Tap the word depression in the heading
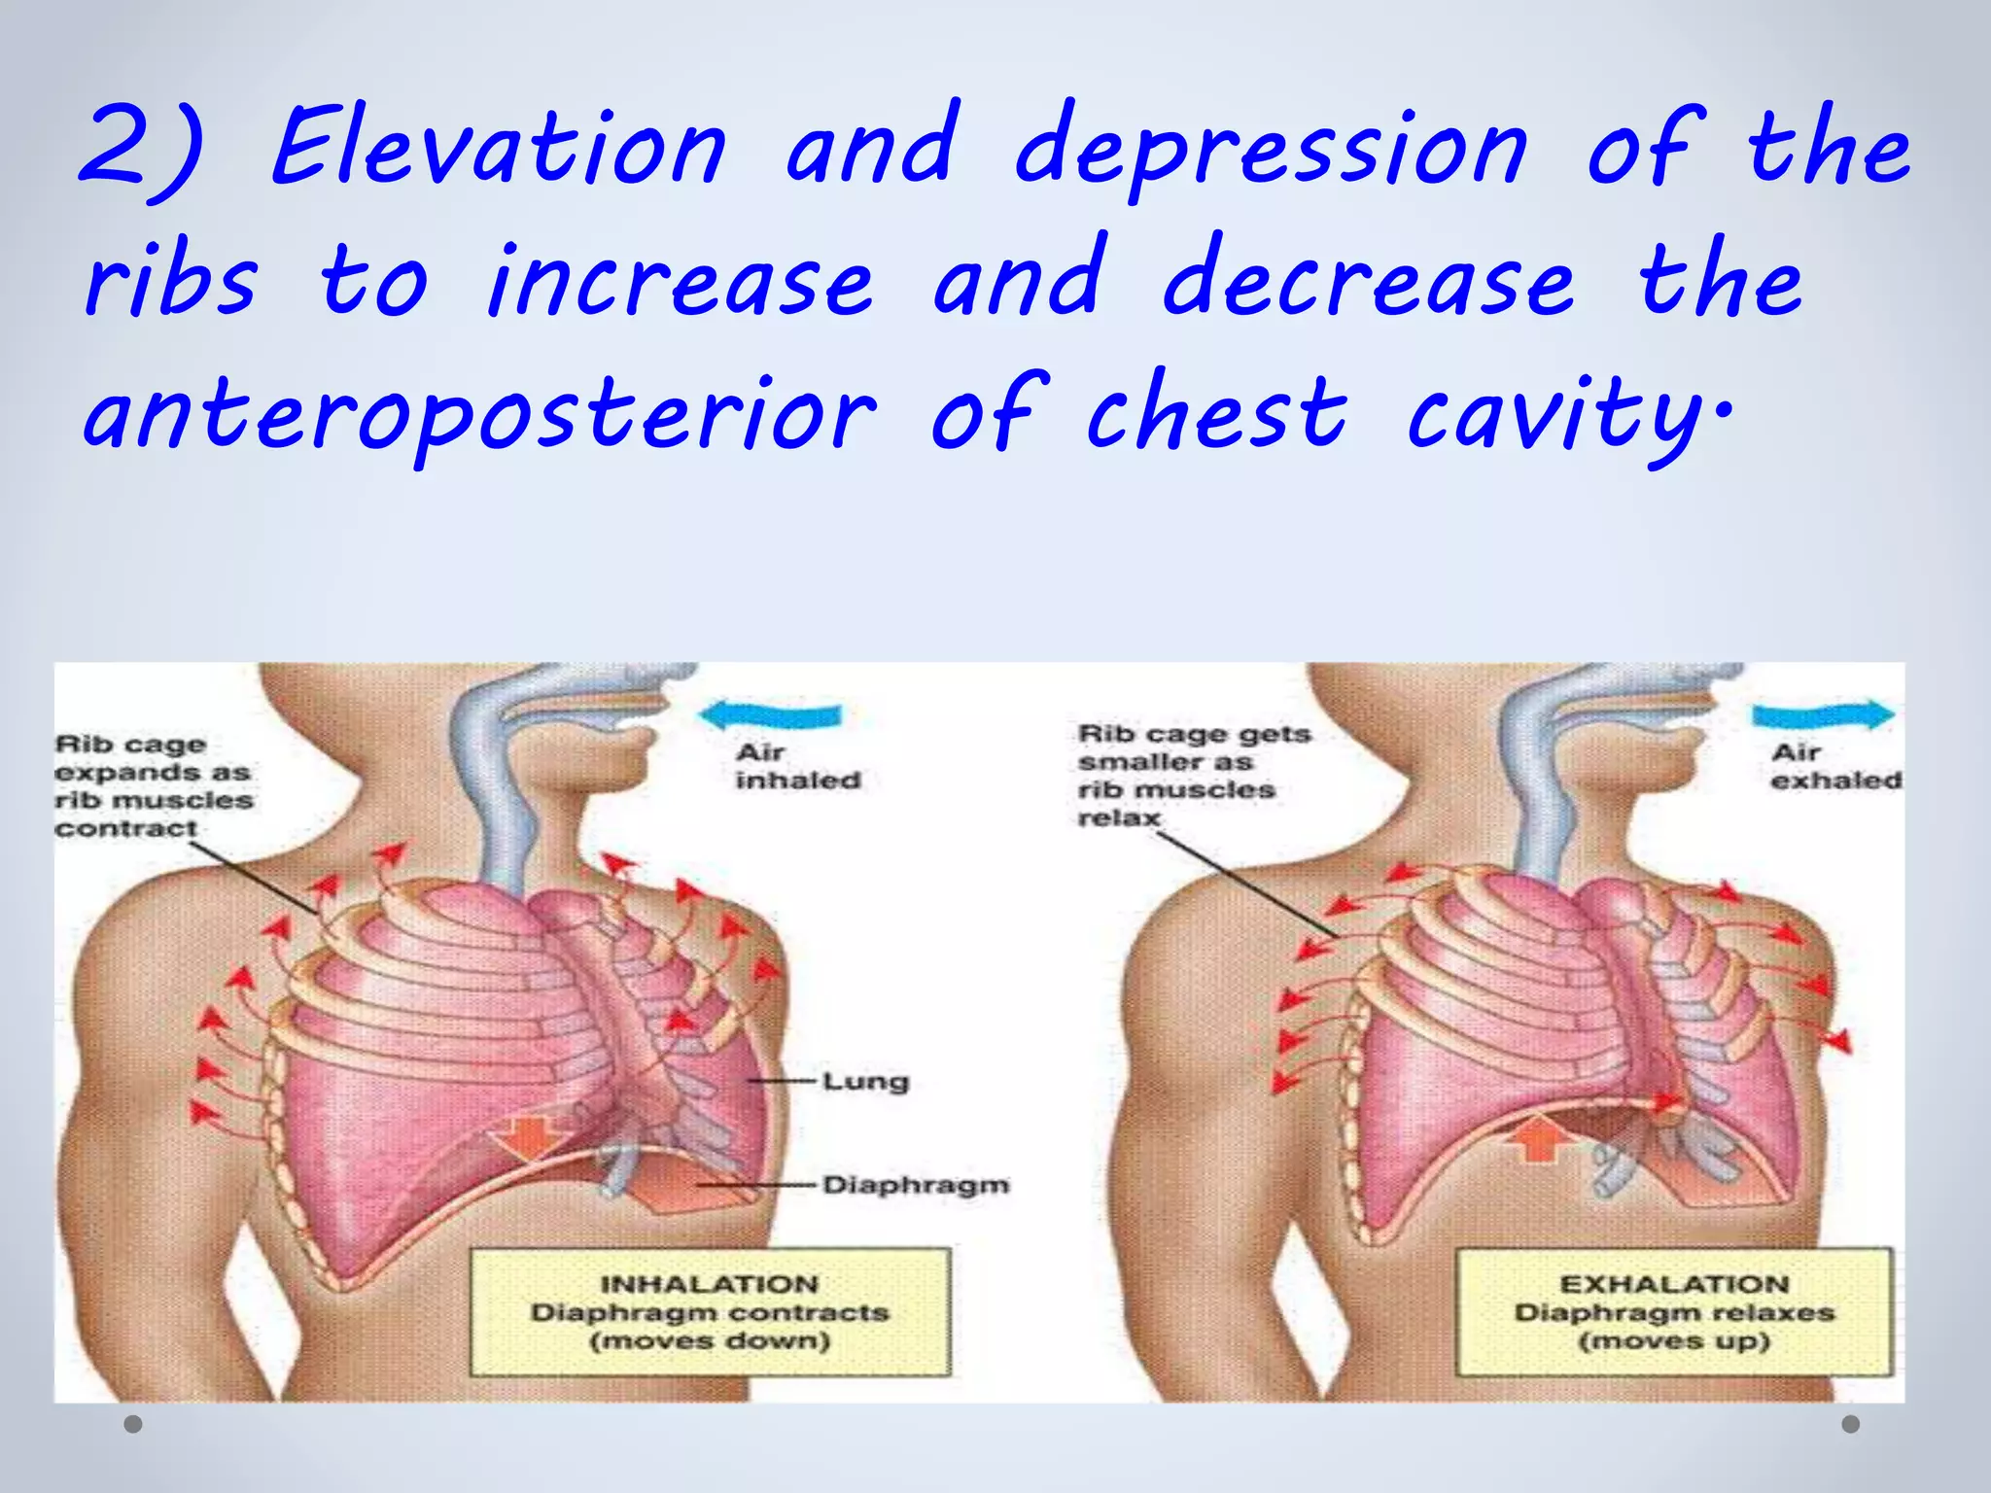pos(1271,151)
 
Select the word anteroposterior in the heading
pos(480,416)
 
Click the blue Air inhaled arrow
pos(770,716)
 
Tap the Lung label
pos(865,1081)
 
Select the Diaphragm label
pos(915,1185)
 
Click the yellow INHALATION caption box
pos(711,1312)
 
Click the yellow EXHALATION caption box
pos(1674,1312)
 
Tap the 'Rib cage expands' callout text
pos(153,786)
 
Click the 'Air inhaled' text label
pos(797,766)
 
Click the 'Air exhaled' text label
pos(1834,766)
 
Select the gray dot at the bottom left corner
pos(134,1425)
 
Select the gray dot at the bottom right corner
pos(1851,1424)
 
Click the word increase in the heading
pos(680,282)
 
